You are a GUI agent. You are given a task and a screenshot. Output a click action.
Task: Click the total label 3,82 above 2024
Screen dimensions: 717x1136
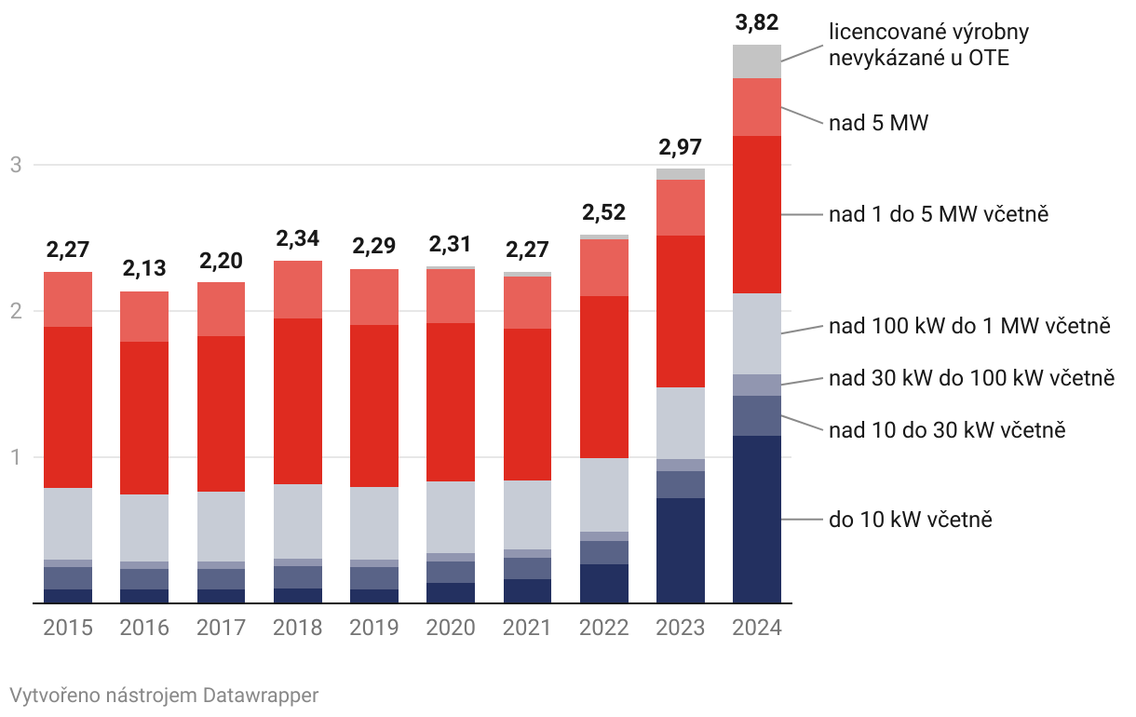(756, 22)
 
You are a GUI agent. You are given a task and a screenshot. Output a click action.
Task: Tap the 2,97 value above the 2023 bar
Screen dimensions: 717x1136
(680, 147)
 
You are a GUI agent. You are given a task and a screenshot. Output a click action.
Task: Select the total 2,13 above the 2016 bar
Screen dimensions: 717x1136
(144, 269)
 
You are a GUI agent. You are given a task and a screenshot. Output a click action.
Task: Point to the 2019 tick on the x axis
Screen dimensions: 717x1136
(373, 627)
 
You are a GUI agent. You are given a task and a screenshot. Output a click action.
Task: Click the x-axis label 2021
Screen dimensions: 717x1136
(527, 627)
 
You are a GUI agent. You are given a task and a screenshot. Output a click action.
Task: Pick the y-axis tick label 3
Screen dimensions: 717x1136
(15, 166)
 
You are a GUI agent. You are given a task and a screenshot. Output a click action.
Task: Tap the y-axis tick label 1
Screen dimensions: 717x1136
(15, 457)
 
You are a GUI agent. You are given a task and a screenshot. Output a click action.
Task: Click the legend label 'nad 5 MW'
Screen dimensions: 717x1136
(878, 122)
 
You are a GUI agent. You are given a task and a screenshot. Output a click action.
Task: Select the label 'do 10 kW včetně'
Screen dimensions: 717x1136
(910, 520)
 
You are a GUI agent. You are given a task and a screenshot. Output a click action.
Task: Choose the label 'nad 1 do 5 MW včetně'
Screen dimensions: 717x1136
(939, 214)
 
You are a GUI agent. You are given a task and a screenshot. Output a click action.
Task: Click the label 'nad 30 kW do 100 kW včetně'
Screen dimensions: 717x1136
(971, 378)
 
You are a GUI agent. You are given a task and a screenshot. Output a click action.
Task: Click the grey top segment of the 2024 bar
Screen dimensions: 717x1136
(756, 61)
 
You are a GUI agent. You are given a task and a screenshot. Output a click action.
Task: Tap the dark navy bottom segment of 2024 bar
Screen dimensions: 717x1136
(756, 519)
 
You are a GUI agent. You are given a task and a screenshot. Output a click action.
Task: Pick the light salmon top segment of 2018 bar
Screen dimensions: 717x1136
(297, 290)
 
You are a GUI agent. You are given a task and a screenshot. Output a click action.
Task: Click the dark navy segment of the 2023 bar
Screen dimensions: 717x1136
(680, 550)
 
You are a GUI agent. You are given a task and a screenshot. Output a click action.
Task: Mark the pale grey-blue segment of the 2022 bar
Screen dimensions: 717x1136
(603, 494)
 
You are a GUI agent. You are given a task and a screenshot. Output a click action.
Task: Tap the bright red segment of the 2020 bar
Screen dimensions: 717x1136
(451, 402)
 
